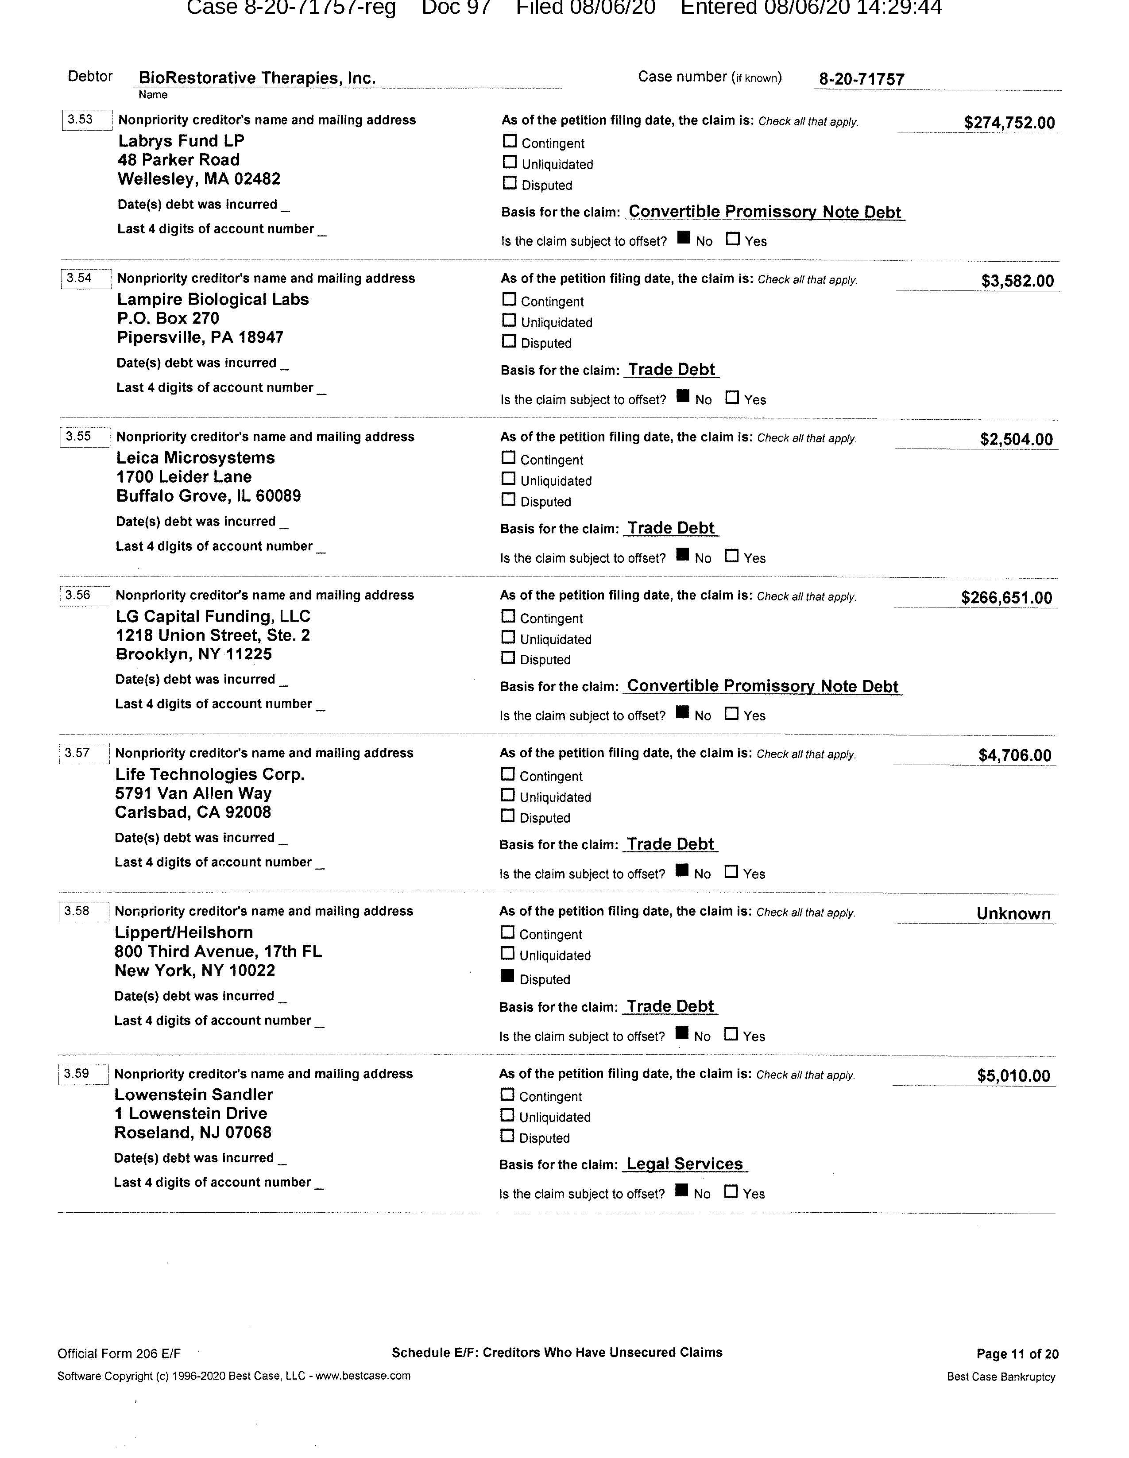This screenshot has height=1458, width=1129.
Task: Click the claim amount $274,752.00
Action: coord(1009,123)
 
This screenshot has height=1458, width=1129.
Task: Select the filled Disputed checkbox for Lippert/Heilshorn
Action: coord(507,977)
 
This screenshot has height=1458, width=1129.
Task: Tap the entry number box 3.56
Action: coord(85,595)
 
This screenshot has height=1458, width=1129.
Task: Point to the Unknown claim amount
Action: coord(1013,914)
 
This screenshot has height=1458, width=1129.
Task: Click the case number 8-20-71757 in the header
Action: coord(861,79)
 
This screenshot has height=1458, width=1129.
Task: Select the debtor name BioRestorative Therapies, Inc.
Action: coord(257,78)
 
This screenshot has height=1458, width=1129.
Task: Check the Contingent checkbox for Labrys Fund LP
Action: coord(510,142)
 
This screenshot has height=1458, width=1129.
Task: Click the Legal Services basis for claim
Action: coord(684,1164)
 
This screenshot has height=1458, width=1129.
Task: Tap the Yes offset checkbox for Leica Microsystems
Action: coord(732,555)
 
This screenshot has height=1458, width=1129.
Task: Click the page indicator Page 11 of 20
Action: coord(1017,1354)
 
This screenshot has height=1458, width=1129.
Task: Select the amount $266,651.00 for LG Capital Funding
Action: coord(1006,597)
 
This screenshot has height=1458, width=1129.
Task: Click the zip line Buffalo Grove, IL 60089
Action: coord(208,496)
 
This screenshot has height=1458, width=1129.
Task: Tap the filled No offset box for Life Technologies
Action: coord(682,870)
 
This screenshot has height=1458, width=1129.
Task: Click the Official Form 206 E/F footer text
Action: coord(119,1354)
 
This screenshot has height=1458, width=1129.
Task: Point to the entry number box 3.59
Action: coord(83,1074)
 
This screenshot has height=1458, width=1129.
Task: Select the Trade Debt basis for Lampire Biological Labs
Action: coord(671,370)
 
